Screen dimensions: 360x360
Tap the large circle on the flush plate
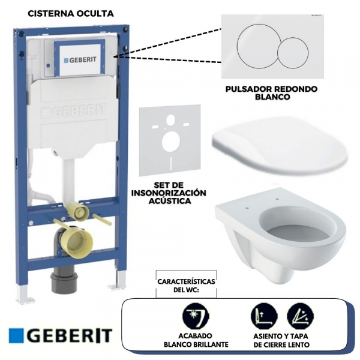(x=257, y=47)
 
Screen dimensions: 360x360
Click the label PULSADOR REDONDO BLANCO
(x=271, y=92)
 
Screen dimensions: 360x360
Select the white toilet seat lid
(x=278, y=146)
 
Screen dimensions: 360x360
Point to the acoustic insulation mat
(x=169, y=141)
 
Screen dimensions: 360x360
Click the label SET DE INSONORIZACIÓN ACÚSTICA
(x=169, y=193)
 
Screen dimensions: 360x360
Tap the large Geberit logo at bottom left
(x=61, y=335)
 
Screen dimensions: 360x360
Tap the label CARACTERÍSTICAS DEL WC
(x=186, y=284)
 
